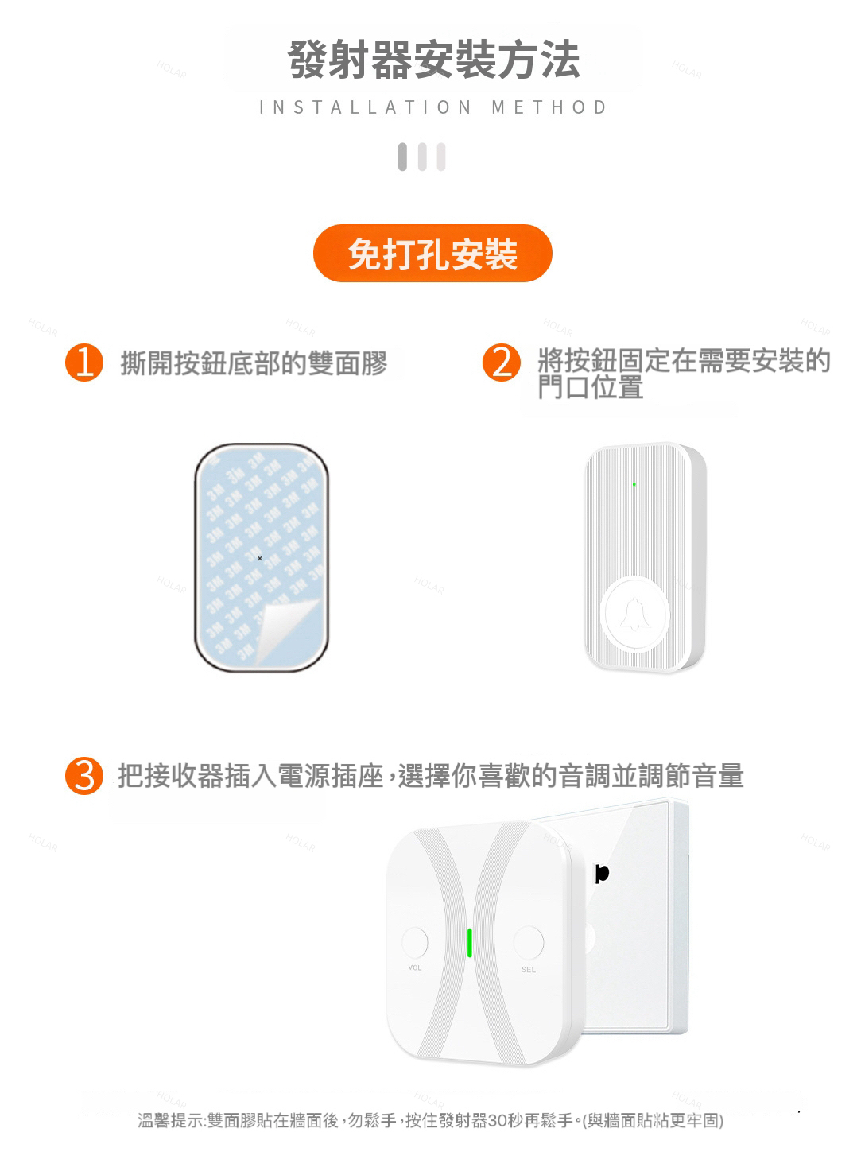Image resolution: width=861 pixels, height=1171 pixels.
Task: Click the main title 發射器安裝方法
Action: point(433,60)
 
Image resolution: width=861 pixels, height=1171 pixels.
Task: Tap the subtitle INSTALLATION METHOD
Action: point(433,107)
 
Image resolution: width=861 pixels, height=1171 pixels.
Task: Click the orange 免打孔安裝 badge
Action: point(432,254)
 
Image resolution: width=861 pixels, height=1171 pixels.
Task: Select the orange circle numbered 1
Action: point(84,363)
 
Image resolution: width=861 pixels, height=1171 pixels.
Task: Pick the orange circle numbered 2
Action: point(502,363)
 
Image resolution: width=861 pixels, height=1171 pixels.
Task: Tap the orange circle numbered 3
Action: point(84,776)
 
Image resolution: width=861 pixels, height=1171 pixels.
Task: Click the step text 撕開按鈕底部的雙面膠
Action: point(254,363)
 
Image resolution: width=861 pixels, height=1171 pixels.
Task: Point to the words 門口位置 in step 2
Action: point(591,387)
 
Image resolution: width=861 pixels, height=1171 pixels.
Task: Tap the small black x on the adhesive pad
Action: point(260,558)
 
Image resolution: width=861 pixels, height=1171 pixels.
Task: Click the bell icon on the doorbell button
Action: point(635,614)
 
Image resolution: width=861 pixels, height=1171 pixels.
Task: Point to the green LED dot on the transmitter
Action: point(634,485)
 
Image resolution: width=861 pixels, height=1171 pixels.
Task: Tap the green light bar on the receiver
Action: point(469,943)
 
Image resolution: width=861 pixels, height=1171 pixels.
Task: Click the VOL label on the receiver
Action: point(414,967)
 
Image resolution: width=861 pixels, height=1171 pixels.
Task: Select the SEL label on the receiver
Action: point(529,970)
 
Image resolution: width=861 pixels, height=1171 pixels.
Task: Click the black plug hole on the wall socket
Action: point(602,874)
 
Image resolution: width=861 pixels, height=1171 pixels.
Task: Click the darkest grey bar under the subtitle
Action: point(402,157)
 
